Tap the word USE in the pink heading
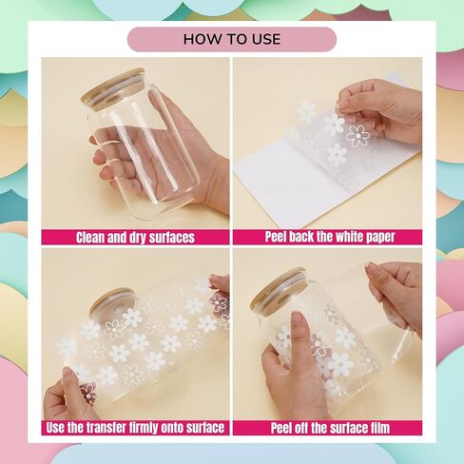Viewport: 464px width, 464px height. (265, 39)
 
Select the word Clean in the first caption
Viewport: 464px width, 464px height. (90, 238)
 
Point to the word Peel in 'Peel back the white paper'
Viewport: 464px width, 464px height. (276, 237)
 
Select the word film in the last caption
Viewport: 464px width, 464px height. (379, 428)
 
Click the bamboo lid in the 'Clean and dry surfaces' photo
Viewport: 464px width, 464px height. (113, 89)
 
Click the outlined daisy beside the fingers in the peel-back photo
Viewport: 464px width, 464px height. (358, 135)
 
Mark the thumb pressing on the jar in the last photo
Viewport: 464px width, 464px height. (298, 334)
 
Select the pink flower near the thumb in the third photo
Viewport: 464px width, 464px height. (87, 394)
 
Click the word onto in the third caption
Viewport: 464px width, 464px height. (172, 428)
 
